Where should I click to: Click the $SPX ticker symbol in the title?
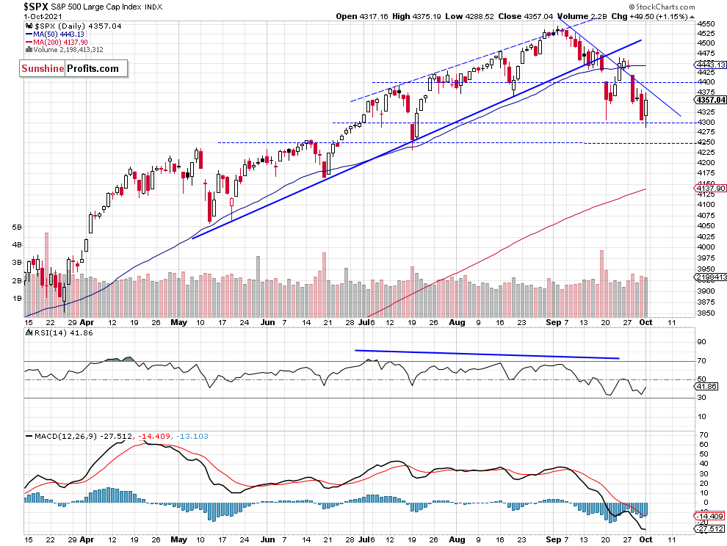(x=36, y=7)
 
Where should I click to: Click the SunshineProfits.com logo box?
(x=73, y=68)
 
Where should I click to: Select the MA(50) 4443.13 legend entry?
(x=56, y=34)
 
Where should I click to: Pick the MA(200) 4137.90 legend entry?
(x=57, y=42)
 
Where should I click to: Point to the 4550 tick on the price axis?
(x=706, y=23)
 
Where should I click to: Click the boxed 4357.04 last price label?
(x=710, y=100)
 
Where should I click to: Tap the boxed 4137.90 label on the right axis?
(x=710, y=188)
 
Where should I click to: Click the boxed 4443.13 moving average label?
(x=710, y=65)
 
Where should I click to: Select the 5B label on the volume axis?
(x=17, y=227)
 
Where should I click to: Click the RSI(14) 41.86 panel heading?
(x=59, y=332)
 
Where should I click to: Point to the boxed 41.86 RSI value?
(x=706, y=386)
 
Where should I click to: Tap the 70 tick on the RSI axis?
(x=701, y=360)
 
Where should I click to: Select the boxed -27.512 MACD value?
(x=709, y=528)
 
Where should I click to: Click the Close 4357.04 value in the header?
(x=526, y=16)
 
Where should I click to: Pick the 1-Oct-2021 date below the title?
(x=43, y=17)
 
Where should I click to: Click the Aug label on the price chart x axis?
(x=457, y=322)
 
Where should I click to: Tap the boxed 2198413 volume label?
(x=710, y=277)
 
